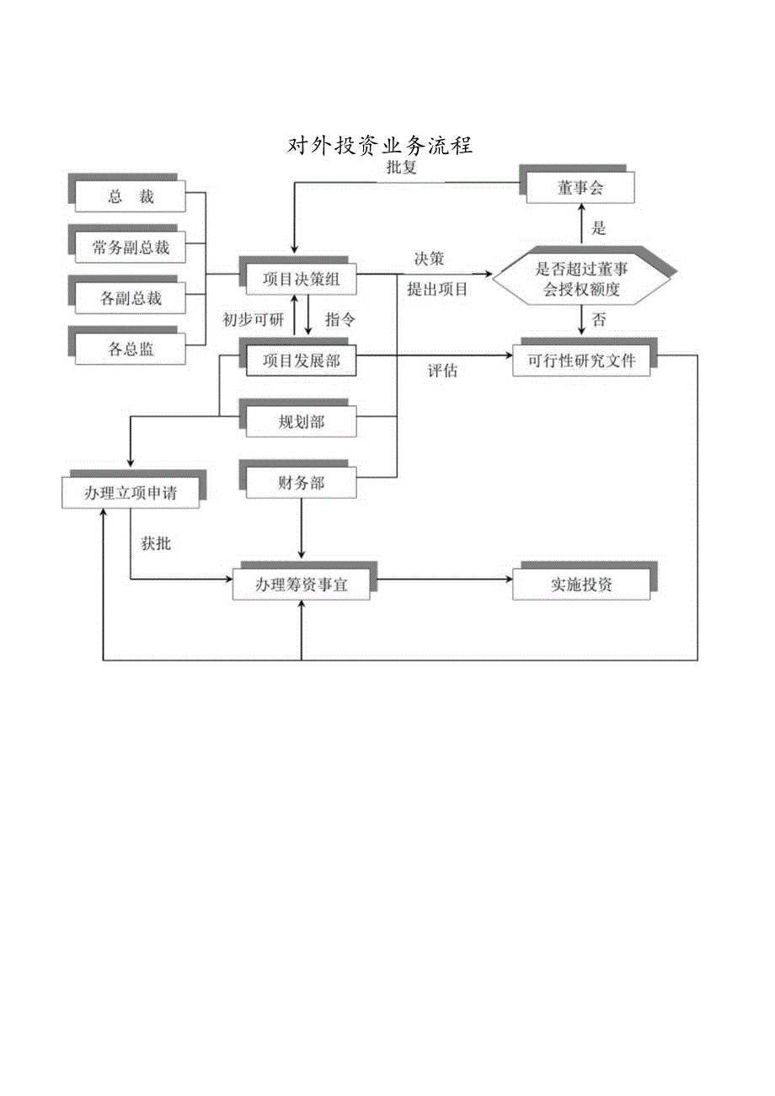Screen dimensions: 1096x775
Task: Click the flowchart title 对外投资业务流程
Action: [x=381, y=146]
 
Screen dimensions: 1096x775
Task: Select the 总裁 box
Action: [x=131, y=198]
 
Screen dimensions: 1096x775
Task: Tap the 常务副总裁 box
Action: [x=131, y=248]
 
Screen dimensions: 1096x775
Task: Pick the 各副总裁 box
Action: [x=131, y=298]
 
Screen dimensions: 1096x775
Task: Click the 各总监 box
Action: [x=131, y=348]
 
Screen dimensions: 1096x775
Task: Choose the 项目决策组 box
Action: [x=301, y=280]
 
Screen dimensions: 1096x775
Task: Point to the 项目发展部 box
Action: [x=301, y=361]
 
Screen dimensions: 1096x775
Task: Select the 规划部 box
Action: [x=301, y=422]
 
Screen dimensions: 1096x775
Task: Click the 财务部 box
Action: [x=301, y=484]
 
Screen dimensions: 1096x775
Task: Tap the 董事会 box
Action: [x=580, y=189]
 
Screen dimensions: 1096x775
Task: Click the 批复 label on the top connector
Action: [x=401, y=167]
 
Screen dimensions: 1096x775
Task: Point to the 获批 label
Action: [x=156, y=543]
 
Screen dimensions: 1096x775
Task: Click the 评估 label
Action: [x=442, y=371]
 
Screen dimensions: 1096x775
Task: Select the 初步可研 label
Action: [x=254, y=319]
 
